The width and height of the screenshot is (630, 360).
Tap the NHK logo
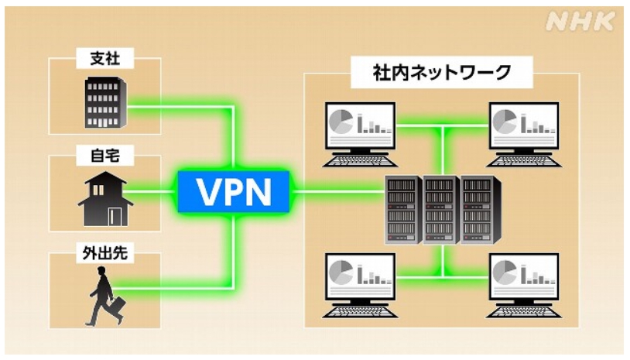580,24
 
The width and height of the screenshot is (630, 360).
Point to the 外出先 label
104,253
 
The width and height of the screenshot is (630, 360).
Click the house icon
104,199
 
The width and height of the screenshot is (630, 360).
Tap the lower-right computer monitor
524,275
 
